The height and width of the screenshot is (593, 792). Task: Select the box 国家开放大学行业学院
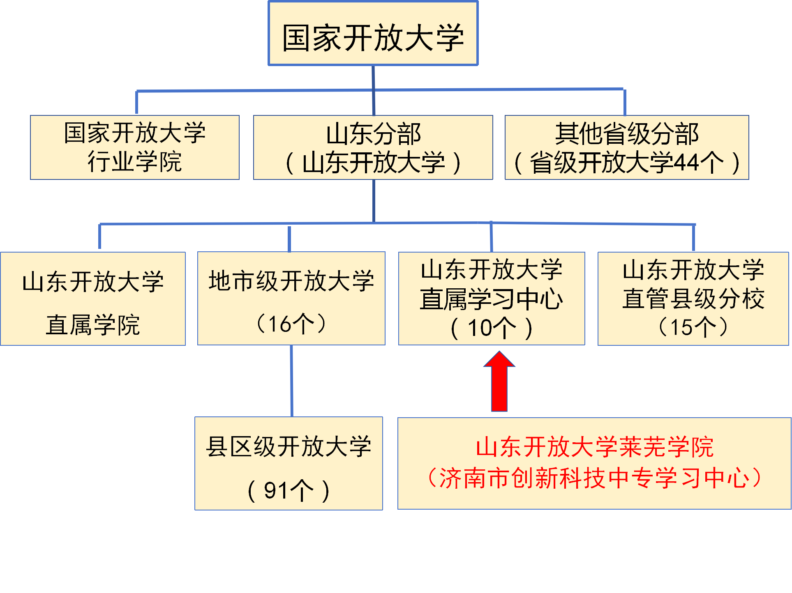135,147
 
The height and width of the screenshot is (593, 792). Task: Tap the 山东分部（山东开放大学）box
373,147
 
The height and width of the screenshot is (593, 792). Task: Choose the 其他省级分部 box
626,134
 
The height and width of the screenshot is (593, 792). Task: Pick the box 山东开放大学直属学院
93,299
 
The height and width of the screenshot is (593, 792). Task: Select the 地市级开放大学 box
291,281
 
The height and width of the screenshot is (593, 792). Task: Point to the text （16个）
291,324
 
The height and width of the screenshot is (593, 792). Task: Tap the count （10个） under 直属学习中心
492,328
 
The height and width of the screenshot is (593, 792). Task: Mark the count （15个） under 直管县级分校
693,327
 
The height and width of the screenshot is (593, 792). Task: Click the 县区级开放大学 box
289,447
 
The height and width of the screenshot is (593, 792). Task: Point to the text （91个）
289,490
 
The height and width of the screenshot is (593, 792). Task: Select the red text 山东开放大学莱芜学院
594,447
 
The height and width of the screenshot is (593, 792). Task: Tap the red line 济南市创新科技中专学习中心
594,478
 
